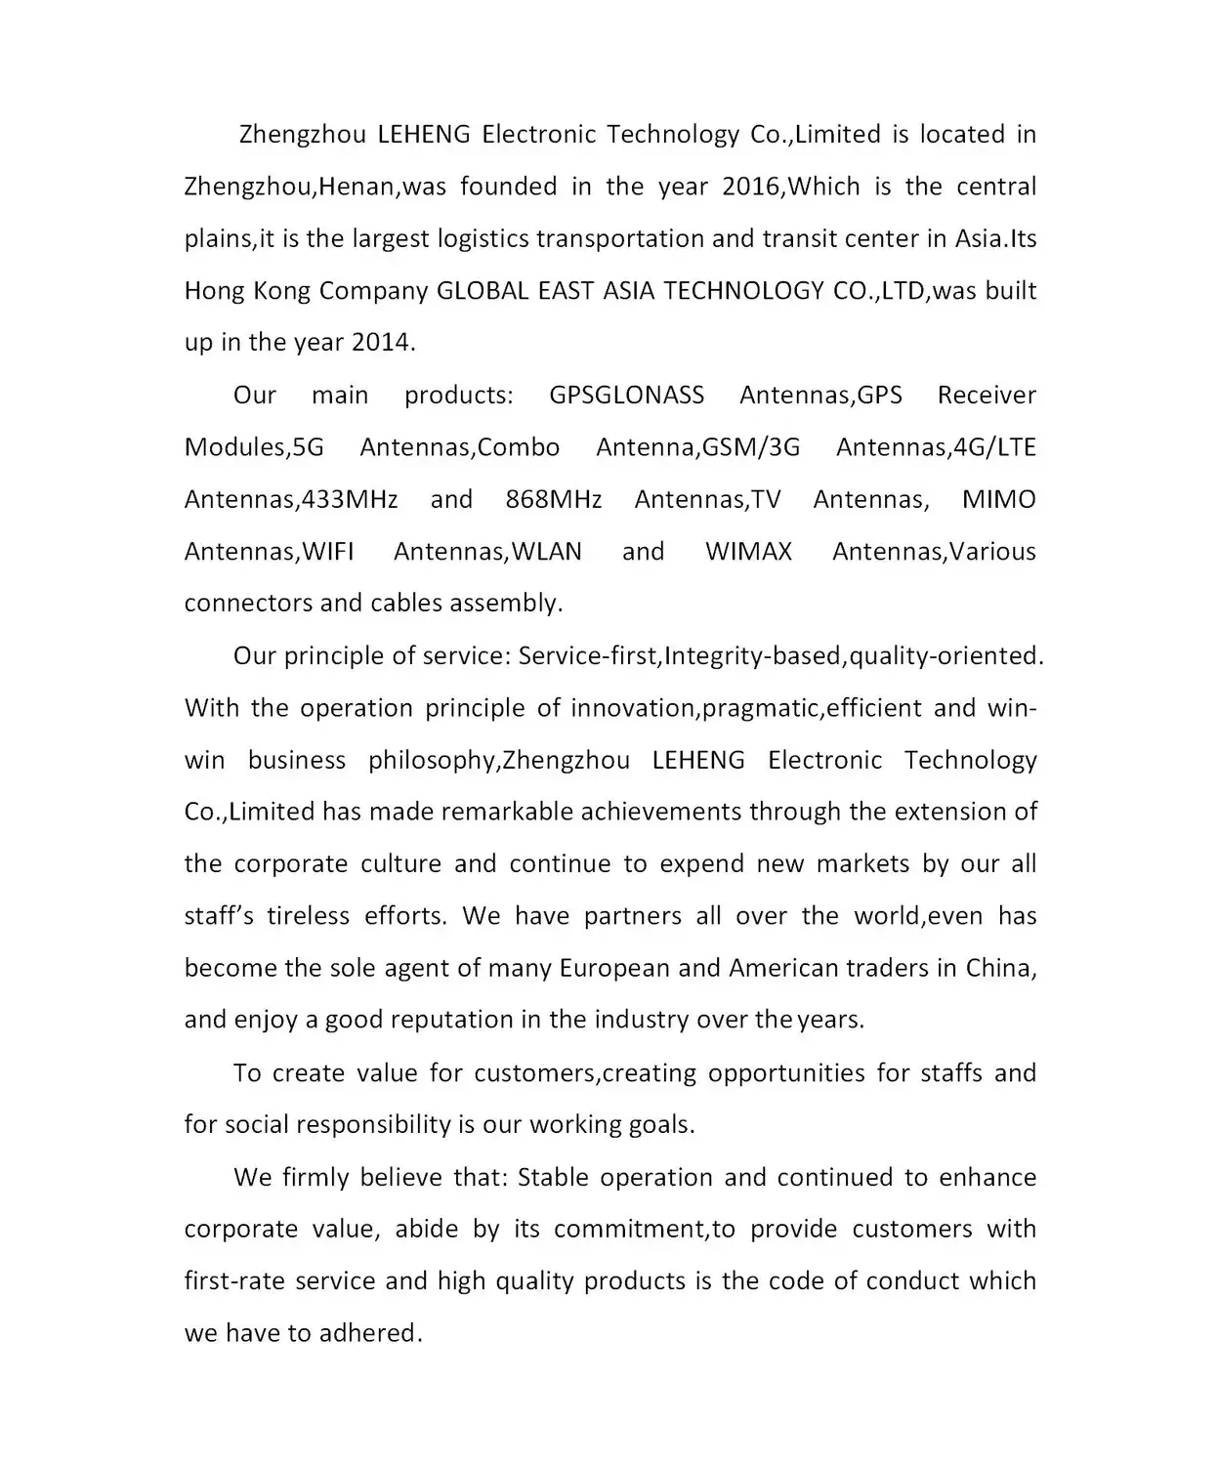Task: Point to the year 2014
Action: coord(382,343)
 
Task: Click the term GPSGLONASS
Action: coord(626,396)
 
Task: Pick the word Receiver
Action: coord(987,396)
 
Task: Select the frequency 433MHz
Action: coord(350,500)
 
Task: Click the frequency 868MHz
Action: coord(554,500)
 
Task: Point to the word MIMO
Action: coord(998,500)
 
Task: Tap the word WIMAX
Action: coord(748,552)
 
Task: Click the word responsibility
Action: coord(373,1125)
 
